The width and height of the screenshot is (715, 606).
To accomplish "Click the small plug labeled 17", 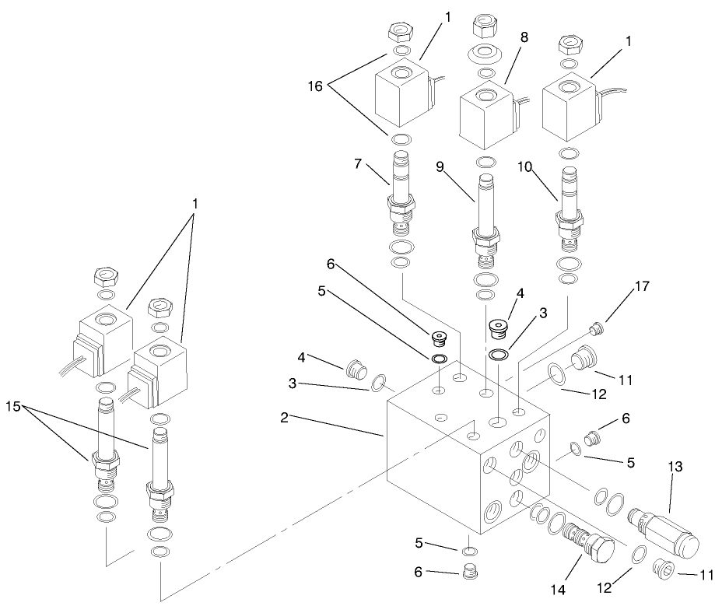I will click(x=598, y=329).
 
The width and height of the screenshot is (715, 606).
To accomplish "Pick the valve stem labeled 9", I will click(x=484, y=211).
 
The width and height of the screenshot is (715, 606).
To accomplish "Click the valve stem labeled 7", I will click(x=400, y=191).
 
